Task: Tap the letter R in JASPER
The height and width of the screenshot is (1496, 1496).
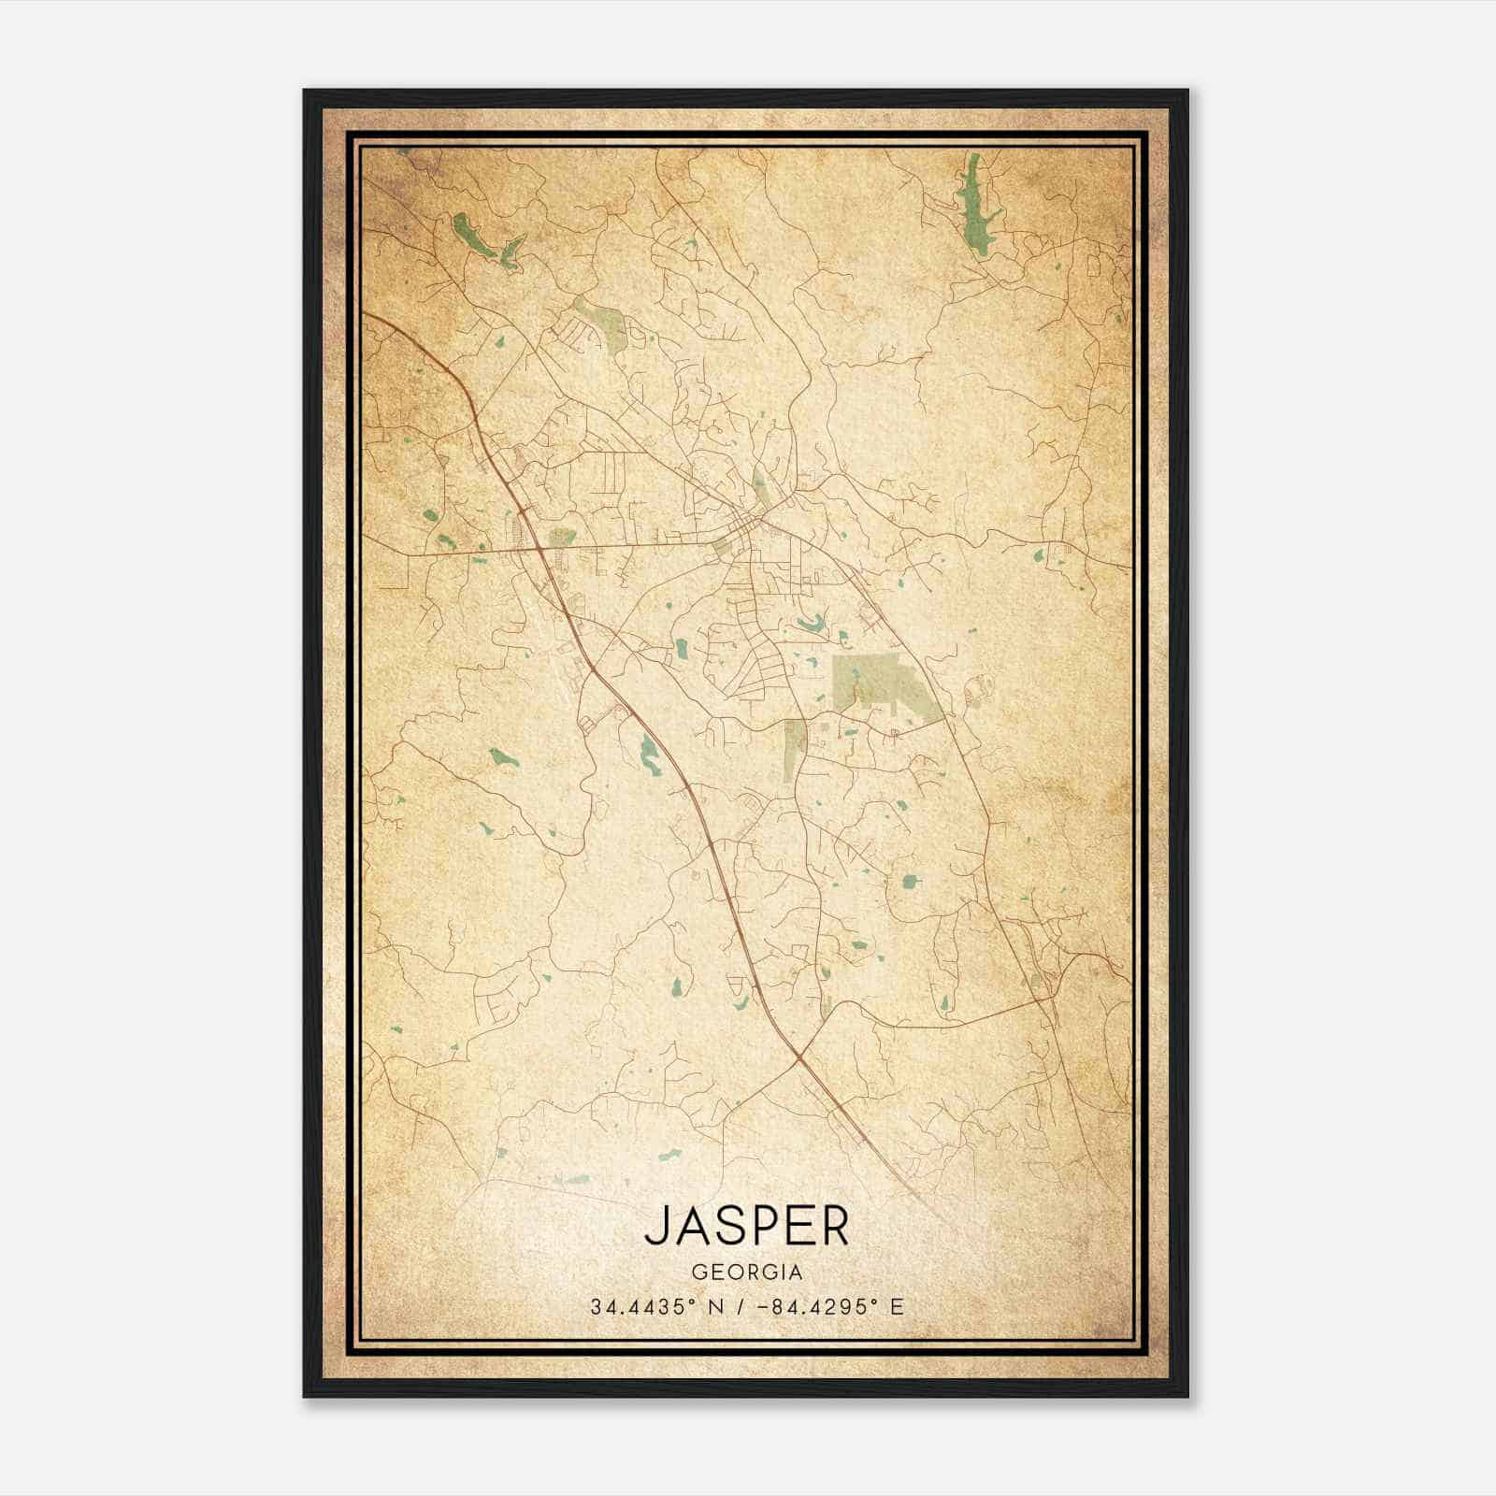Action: (x=835, y=1225)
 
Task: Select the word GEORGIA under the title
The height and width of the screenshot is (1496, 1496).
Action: (x=747, y=1273)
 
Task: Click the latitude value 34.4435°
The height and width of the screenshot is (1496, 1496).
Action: (x=641, y=1307)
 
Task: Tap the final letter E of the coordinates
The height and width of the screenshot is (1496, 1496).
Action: (x=898, y=1307)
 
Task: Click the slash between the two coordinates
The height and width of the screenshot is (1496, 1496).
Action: (x=740, y=1307)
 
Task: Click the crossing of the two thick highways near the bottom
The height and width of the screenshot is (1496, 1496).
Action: (x=800, y=1057)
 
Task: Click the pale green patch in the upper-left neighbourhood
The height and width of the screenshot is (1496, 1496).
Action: (x=603, y=325)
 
